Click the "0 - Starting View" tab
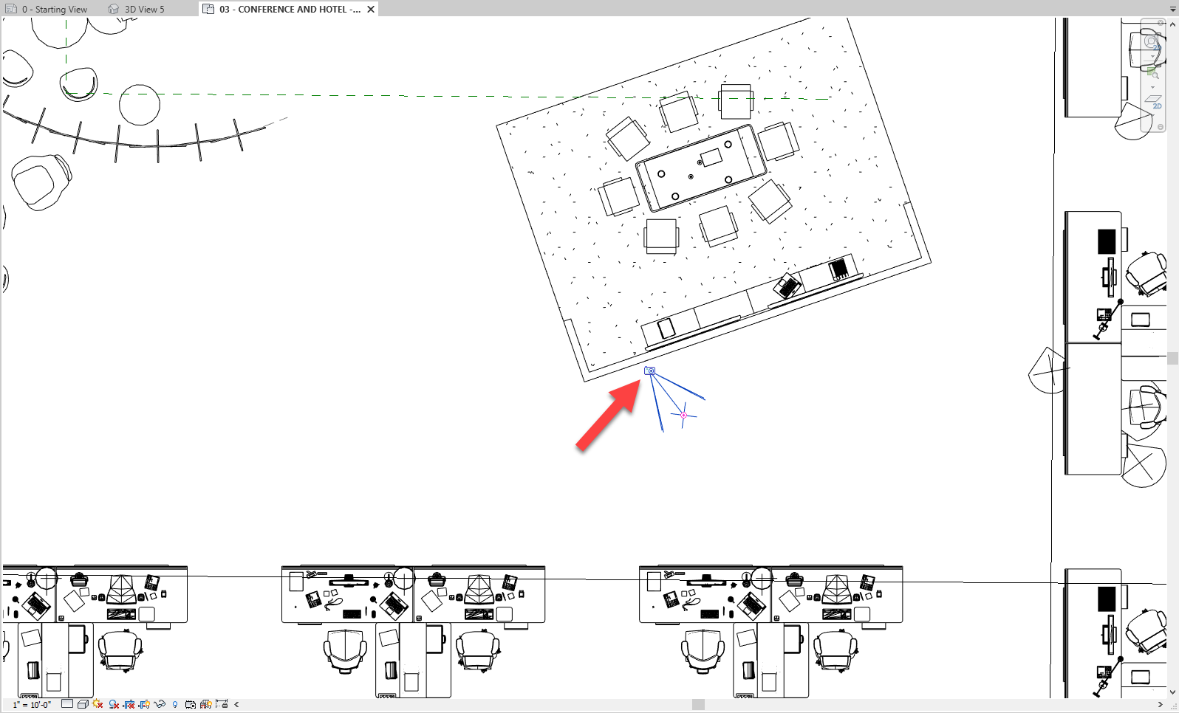53,10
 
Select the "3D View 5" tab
143,10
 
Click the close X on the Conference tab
371,10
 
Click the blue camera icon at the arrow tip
650,371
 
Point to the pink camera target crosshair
683,416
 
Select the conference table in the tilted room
701,168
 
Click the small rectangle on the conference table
711,157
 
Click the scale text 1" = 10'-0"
32,705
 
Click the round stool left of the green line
140,104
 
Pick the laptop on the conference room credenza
787,285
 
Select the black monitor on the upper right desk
1106,242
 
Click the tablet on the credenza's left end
666,328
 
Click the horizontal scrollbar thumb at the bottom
698,705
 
